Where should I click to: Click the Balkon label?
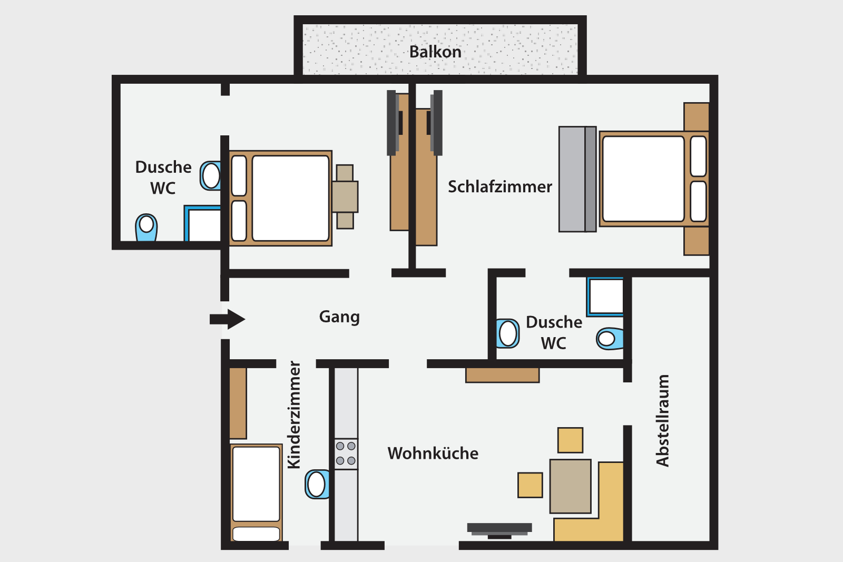point(435,52)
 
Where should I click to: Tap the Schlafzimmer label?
point(500,186)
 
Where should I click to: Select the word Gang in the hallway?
point(339,317)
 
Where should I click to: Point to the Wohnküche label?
point(433,453)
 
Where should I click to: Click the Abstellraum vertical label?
point(662,420)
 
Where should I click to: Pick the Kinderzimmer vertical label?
point(294,415)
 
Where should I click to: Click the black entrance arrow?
point(227,319)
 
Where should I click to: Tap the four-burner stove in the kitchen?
point(346,453)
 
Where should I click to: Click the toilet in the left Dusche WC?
point(146,227)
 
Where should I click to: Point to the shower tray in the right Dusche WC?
point(605,297)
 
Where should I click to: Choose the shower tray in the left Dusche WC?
point(202,223)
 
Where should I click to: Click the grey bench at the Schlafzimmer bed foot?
point(577,179)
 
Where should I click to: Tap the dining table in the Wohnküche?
point(570,486)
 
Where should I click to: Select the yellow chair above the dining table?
point(570,440)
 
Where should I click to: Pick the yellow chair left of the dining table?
point(530,485)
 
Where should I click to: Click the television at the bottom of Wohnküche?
point(499,530)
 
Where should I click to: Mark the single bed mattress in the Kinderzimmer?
point(256,484)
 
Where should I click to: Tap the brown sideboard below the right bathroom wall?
point(503,375)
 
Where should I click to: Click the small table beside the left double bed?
point(345,197)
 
